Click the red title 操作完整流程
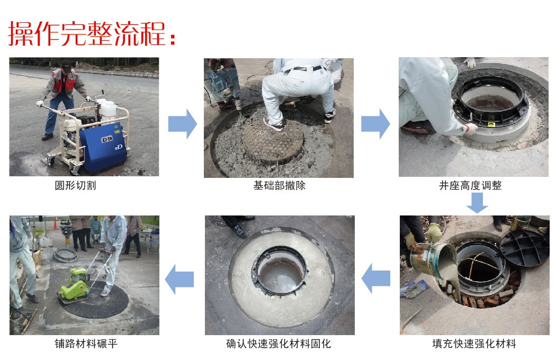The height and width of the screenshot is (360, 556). coord(92,33)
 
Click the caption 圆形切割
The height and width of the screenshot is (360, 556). coord(75,185)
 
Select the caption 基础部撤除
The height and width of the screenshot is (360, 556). coord(279,185)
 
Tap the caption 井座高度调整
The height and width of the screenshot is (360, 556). coord(470,185)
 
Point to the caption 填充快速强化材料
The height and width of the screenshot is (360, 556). coord(474,344)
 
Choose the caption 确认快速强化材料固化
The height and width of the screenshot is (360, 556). coord(279,344)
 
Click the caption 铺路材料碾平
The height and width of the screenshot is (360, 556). coord(86,344)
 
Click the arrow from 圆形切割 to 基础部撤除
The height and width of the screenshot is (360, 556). coord(182,124)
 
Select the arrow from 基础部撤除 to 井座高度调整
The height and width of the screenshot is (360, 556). coord(375,124)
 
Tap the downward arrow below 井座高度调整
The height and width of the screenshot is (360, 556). coord(477,203)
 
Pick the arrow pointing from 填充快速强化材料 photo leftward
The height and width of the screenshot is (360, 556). coord(376,278)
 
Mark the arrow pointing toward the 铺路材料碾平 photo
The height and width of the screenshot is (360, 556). coord(180,279)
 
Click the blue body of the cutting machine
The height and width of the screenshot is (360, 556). coord(102,148)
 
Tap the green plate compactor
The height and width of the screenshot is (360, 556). coord(75,284)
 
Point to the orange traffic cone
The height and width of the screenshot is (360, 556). coord(55,224)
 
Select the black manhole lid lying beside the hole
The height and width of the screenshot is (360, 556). coord(524,248)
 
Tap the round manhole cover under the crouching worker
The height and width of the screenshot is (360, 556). coord(273,140)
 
